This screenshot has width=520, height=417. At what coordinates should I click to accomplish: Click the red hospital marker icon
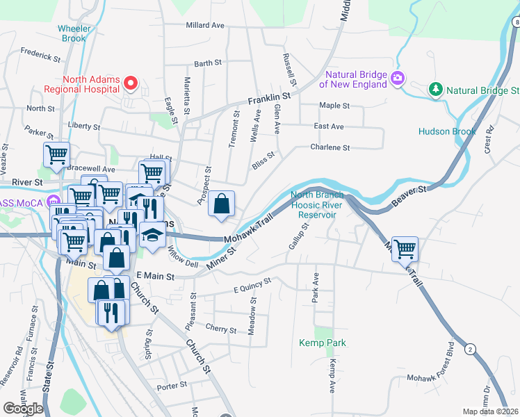pos(130,84)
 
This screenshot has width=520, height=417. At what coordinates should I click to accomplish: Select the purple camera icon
pos(398,79)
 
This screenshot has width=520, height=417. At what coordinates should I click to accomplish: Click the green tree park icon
pos(435,90)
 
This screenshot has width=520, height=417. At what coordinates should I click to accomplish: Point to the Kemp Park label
pos(323,343)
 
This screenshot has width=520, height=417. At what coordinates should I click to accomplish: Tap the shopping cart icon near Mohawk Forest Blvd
pos(405,247)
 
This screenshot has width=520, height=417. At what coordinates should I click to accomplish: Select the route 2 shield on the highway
pos(471,349)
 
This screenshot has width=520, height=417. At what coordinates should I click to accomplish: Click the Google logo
pos(24,408)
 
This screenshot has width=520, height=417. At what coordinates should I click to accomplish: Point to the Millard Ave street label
pos(205,25)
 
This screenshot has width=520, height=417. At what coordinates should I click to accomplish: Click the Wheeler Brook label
pos(72,33)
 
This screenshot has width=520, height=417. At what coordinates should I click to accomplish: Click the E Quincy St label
pos(251,286)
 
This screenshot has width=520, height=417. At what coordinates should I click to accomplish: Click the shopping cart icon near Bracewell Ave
pos(56,155)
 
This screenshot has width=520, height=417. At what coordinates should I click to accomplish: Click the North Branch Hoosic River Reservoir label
pos(317,205)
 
